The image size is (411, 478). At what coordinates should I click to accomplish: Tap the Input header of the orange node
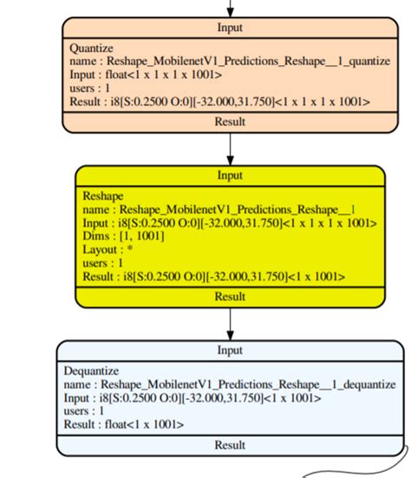point(230,27)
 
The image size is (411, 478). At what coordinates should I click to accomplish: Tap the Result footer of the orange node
point(230,121)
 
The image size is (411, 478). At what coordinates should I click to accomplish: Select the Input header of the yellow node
point(230,175)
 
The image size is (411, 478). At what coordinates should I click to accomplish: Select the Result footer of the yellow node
point(230,296)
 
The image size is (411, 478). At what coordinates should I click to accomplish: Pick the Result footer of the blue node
point(230,444)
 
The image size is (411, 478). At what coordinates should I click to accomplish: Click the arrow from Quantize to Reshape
point(230,147)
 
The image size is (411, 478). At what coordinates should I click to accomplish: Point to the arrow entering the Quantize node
point(230,8)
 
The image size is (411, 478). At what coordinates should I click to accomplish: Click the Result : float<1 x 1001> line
point(124,424)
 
